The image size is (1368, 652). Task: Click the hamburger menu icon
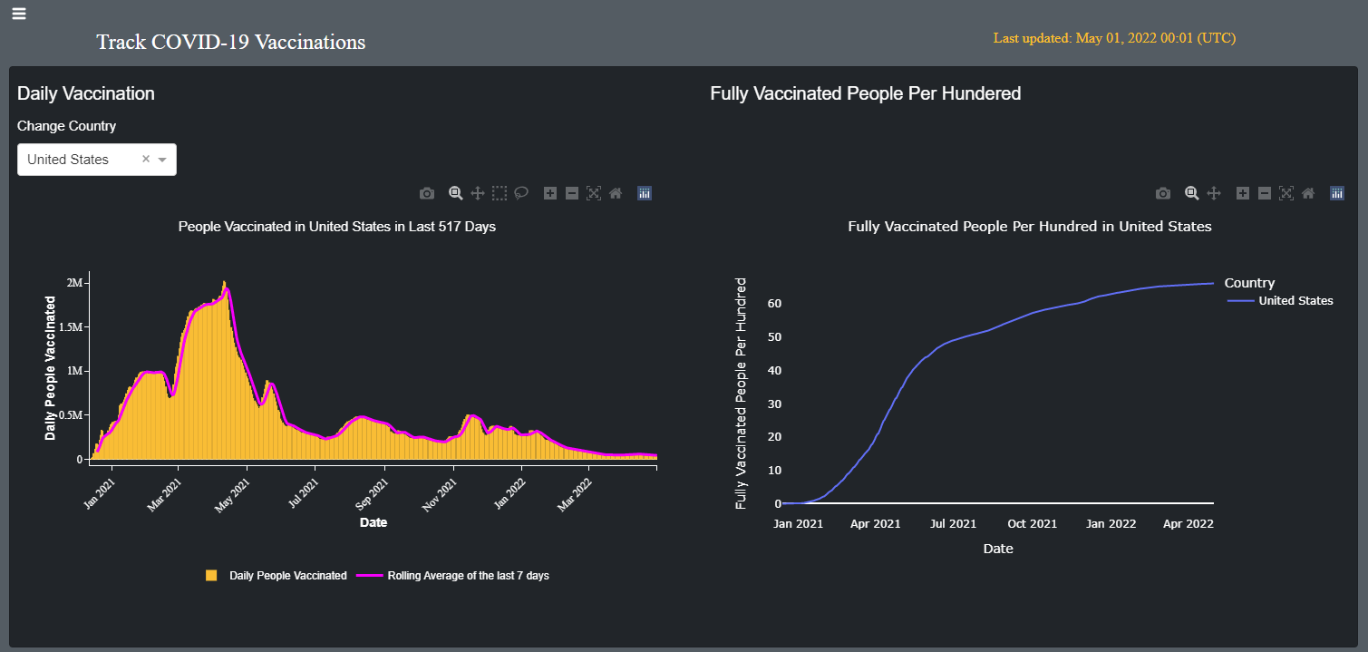click(19, 13)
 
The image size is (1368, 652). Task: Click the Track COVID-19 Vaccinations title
click(230, 42)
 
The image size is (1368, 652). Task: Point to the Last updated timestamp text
click(1114, 38)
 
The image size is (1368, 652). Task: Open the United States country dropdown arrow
click(162, 160)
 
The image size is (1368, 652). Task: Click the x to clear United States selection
click(146, 159)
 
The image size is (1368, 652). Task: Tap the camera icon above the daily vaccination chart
click(427, 193)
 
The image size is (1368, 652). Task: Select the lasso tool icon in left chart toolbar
click(521, 193)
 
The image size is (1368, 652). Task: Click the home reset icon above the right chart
click(1308, 193)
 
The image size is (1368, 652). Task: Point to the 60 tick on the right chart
click(774, 303)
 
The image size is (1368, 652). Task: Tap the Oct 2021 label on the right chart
click(1032, 523)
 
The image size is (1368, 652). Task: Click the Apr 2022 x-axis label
click(1189, 523)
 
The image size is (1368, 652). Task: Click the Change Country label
click(67, 126)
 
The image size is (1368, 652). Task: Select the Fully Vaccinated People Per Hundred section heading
click(865, 93)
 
